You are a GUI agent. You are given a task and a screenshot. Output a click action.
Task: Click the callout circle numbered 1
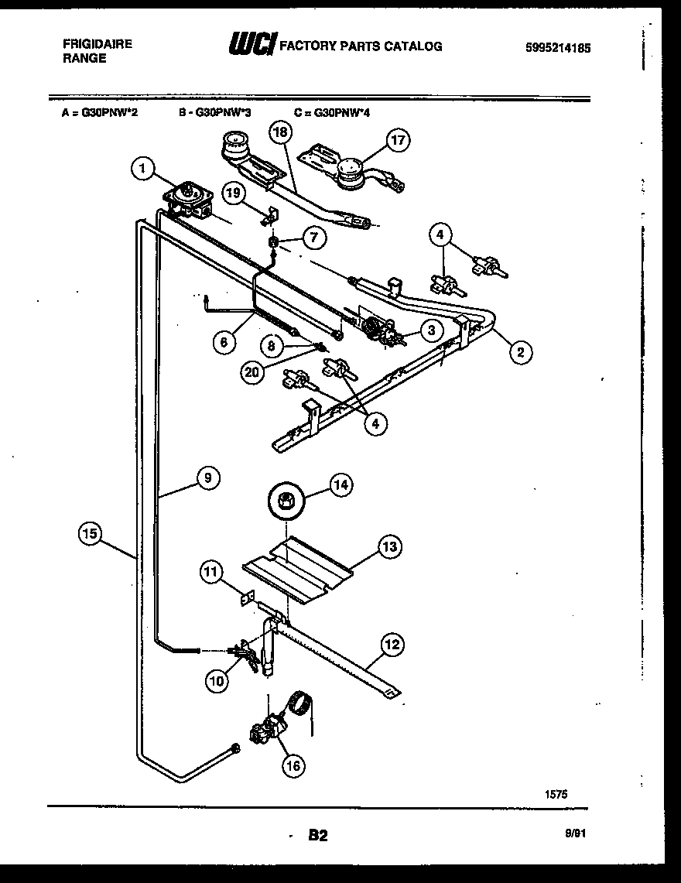pyautogui.click(x=142, y=168)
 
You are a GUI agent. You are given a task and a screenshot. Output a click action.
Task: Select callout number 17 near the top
pyautogui.click(x=399, y=140)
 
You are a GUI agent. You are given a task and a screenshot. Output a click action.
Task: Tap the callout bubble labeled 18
pyautogui.click(x=280, y=132)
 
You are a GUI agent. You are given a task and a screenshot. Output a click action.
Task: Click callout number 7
pyautogui.click(x=313, y=238)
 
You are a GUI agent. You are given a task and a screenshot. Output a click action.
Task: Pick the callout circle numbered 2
pyautogui.click(x=520, y=353)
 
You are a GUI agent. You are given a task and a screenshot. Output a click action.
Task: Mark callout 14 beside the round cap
pyautogui.click(x=340, y=485)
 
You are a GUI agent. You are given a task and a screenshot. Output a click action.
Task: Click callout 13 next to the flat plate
pyautogui.click(x=389, y=547)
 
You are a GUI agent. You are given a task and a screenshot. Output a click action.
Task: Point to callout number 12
pyautogui.click(x=392, y=643)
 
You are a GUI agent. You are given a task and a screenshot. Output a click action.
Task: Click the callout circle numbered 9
pyautogui.click(x=207, y=478)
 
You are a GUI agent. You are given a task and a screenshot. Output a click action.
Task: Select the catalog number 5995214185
pyautogui.click(x=556, y=47)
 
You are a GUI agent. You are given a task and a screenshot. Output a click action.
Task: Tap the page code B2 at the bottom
pyautogui.click(x=318, y=835)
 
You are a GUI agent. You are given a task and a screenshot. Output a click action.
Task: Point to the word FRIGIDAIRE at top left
pyautogui.click(x=97, y=44)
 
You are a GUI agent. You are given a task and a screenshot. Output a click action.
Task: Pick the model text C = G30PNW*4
pyautogui.click(x=332, y=111)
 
